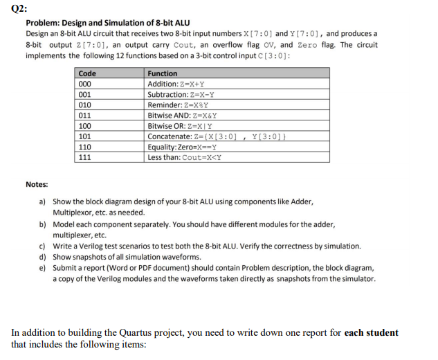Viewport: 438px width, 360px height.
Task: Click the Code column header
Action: (x=87, y=73)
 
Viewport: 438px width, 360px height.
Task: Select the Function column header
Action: (x=163, y=73)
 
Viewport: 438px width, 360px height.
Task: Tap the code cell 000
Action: (x=86, y=84)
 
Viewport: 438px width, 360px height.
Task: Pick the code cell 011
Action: (x=86, y=116)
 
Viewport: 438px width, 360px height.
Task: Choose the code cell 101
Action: (x=86, y=136)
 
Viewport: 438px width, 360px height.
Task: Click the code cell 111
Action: (x=86, y=157)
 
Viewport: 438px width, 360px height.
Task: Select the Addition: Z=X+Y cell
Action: (x=177, y=84)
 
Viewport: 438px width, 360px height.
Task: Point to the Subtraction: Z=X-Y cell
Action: (x=181, y=94)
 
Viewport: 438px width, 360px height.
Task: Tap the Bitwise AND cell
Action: (x=183, y=116)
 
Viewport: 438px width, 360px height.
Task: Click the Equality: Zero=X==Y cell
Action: (x=183, y=147)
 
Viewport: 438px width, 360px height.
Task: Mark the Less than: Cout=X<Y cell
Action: (x=184, y=157)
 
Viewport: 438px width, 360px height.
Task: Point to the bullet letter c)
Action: (x=42, y=246)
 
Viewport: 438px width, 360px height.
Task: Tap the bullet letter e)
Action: (x=42, y=268)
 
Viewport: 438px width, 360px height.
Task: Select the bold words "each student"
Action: (x=372, y=333)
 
